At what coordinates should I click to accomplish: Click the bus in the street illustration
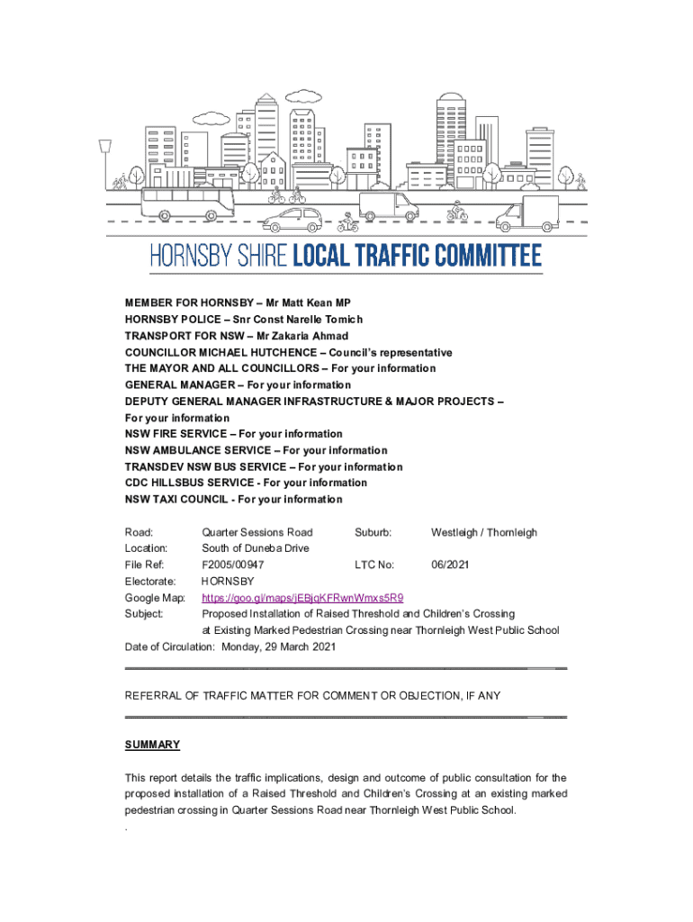pyautogui.click(x=187, y=203)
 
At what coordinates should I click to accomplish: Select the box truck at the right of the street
pyautogui.click(x=527, y=214)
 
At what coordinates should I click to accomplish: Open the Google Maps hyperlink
pyautogui.click(x=302, y=597)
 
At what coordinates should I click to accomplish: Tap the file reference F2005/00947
pyautogui.click(x=233, y=565)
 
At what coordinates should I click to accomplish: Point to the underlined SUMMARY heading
pyautogui.click(x=152, y=745)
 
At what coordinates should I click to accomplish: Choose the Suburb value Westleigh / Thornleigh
pyautogui.click(x=483, y=532)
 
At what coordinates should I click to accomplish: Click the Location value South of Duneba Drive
pyautogui.click(x=255, y=548)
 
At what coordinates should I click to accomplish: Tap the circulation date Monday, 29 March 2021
pyautogui.click(x=276, y=646)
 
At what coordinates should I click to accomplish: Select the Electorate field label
pyautogui.click(x=149, y=581)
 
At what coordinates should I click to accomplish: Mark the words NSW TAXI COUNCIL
pyautogui.click(x=176, y=499)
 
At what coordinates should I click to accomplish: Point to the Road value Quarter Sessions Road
pyautogui.click(x=257, y=532)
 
